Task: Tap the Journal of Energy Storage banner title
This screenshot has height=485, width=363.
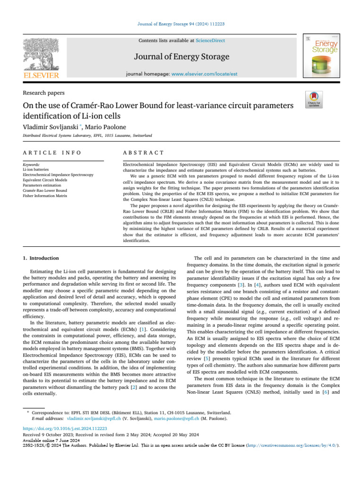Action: pyautogui.click(x=181, y=57)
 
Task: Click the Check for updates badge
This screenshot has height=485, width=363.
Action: pyautogui.click(x=314, y=99)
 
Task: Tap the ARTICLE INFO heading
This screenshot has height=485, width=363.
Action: pyautogui.click(x=52, y=153)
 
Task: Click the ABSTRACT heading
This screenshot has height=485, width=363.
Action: pyautogui.click(x=143, y=153)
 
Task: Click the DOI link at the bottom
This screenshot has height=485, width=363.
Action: pyautogui.click(x=65, y=428)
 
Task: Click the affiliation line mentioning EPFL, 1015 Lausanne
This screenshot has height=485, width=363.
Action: pyautogui.click(x=87, y=135)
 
